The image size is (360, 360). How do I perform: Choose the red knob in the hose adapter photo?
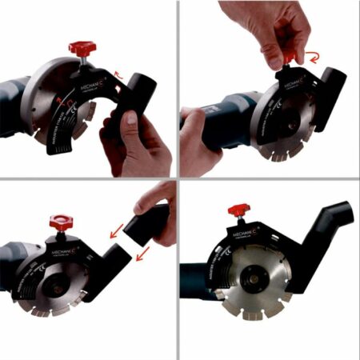60,220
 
